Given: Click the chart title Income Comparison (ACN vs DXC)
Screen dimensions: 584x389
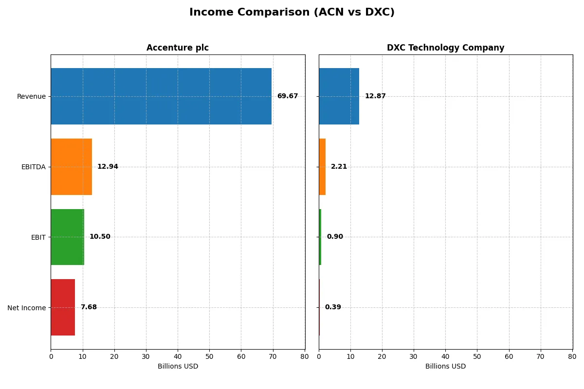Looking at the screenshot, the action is point(292,12).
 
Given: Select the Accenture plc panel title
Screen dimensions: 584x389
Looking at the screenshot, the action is point(178,48).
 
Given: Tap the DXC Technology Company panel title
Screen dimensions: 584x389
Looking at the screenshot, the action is point(445,48).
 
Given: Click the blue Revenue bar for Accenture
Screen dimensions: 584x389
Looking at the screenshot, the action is point(161,96).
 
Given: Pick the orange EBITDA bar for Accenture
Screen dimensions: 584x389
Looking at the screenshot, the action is point(72,167).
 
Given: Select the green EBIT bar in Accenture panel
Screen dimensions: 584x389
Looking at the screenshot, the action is point(68,237).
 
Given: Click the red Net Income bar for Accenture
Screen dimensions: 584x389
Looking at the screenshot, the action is point(63,307).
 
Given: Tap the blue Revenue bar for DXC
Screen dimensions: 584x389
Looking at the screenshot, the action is point(339,96).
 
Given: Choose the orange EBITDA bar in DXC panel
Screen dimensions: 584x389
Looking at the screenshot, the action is point(322,167).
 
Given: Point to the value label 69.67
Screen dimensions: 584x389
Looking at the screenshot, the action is point(288,96).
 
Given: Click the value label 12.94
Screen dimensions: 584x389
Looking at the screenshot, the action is point(108,167).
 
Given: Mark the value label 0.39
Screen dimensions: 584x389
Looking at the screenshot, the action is point(333,307).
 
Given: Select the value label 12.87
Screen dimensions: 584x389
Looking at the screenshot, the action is point(375,96).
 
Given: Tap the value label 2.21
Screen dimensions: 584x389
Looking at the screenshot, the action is point(339,167).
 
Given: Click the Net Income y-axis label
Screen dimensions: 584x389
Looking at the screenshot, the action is point(27,308).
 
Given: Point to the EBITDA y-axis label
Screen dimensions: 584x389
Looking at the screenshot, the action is point(34,167).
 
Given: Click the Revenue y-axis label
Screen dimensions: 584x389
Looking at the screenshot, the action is point(31,96).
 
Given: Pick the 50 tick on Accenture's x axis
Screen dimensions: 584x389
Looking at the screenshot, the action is point(209,356).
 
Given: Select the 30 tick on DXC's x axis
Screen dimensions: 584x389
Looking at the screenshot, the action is point(414,356).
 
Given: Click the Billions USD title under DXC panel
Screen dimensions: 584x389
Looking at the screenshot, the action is point(445,366).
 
